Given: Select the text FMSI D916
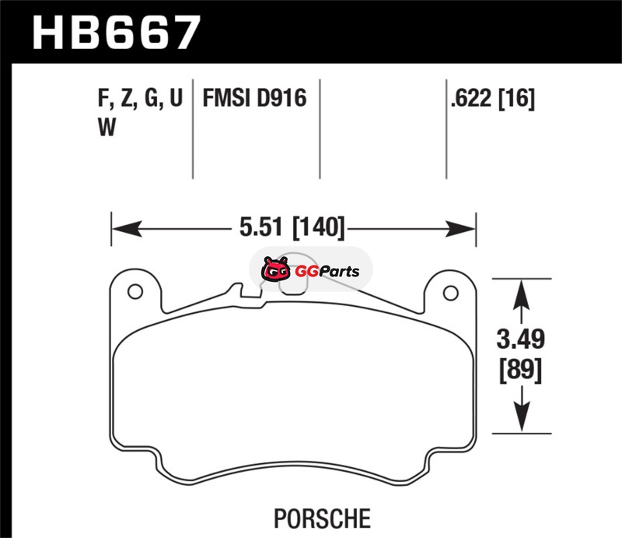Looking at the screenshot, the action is click(x=254, y=98).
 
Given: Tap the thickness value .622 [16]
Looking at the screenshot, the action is click(x=492, y=98).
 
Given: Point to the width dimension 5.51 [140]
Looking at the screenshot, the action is click(x=292, y=227).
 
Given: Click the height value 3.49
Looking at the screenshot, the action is click(x=521, y=339).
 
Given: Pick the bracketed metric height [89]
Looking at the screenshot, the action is click(x=520, y=371).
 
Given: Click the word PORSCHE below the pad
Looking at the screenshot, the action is click(x=322, y=518).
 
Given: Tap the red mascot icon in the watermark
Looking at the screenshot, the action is click(x=276, y=269).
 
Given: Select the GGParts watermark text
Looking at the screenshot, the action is click(x=327, y=272).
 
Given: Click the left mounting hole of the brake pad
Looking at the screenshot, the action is click(x=135, y=292).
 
